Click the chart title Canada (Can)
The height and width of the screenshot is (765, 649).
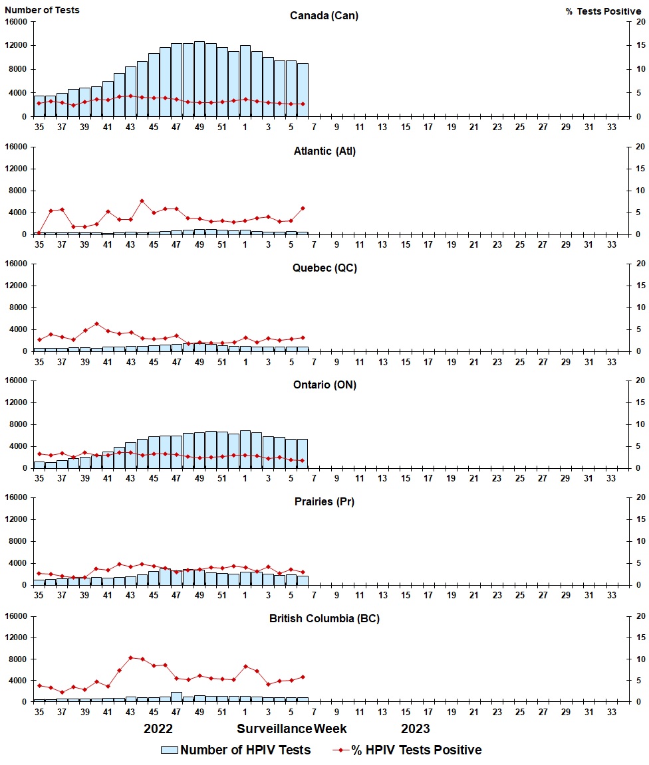324,15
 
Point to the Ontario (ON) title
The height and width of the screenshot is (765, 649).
324,384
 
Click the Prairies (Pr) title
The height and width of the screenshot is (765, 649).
324,501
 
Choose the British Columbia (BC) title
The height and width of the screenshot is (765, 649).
324,618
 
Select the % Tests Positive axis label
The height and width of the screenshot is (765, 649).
604,11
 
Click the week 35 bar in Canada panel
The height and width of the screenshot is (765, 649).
39,106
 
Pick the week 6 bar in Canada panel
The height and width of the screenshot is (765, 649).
303,90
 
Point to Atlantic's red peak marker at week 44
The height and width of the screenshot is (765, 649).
142,201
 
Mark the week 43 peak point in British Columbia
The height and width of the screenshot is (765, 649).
131,657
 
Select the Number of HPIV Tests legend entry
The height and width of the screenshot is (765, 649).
236,750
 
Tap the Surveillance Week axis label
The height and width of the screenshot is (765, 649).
292,728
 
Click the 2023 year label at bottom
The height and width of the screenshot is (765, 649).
415,728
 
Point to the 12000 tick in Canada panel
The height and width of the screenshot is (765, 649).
16,45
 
